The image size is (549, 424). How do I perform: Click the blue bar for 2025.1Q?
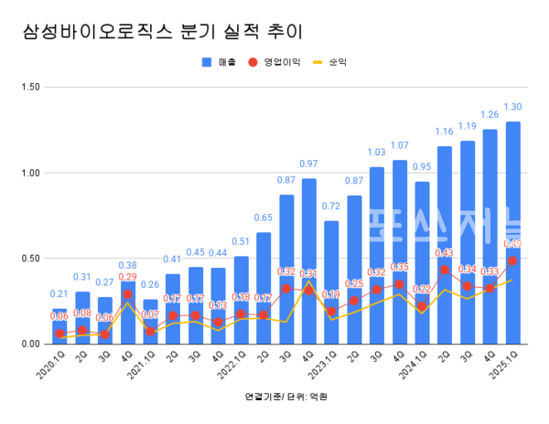point(512,238)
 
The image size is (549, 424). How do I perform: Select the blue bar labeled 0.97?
point(309,265)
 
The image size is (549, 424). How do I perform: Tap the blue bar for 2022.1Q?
point(242,302)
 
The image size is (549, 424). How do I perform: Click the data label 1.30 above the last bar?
point(512,107)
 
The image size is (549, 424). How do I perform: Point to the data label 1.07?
point(399,145)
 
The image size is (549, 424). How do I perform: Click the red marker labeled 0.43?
point(445,270)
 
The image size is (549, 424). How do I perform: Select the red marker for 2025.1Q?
point(512,260)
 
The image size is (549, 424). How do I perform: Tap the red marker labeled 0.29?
point(128,294)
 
